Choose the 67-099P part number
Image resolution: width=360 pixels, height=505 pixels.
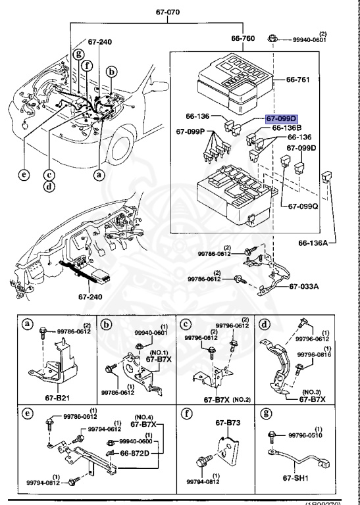192,132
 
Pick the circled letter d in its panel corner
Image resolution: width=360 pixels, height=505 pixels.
264,324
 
